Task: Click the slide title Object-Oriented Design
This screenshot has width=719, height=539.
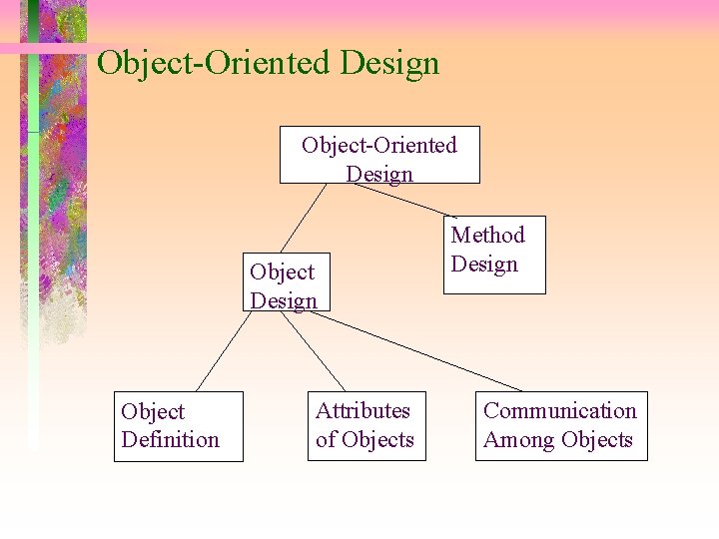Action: pyautogui.click(x=268, y=64)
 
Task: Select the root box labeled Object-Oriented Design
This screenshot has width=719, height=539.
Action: pyautogui.click(x=379, y=155)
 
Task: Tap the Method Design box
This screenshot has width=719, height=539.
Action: pyautogui.click(x=495, y=255)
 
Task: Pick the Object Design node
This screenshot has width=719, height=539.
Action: pyautogui.click(x=284, y=286)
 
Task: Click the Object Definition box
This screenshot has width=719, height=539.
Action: pyautogui.click(x=179, y=426)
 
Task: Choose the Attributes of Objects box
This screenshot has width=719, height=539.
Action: pyautogui.click(x=364, y=426)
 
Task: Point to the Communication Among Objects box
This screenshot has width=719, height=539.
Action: pyautogui.click(x=560, y=426)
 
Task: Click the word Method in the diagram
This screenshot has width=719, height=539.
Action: pyautogui.click(x=487, y=236)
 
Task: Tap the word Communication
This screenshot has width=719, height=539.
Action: pyautogui.click(x=559, y=411)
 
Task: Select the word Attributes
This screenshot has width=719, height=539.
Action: pyautogui.click(x=362, y=411)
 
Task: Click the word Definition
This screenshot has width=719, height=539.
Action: pyautogui.click(x=170, y=440)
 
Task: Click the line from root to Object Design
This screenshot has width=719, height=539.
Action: pyautogui.click(x=304, y=218)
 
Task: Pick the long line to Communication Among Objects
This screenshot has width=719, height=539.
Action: pyautogui.click(x=419, y=352)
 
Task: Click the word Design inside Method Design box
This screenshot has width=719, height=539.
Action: pyautogui.click(x=484, y=265)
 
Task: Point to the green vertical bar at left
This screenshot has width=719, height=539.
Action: pyautogui.click(x=33, y=250)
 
